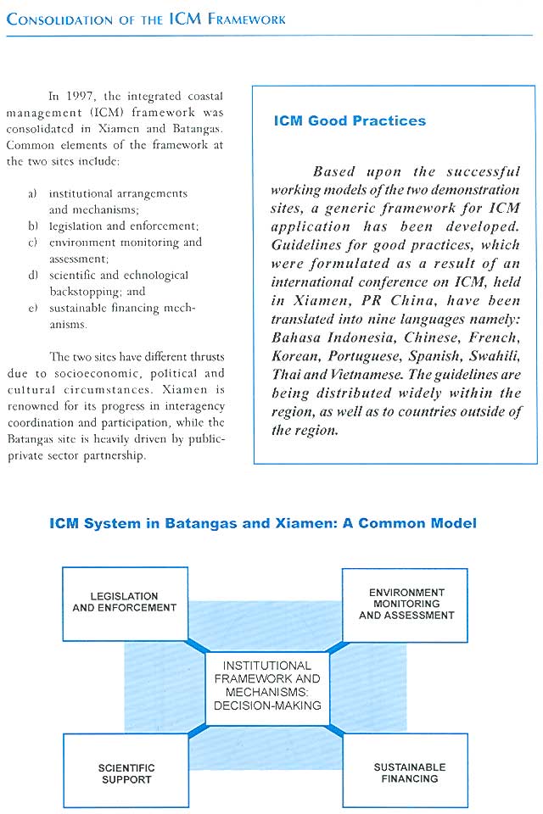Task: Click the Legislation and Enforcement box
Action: point(125,603)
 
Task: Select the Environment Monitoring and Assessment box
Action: point(406,604)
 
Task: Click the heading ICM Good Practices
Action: point(350,120)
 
